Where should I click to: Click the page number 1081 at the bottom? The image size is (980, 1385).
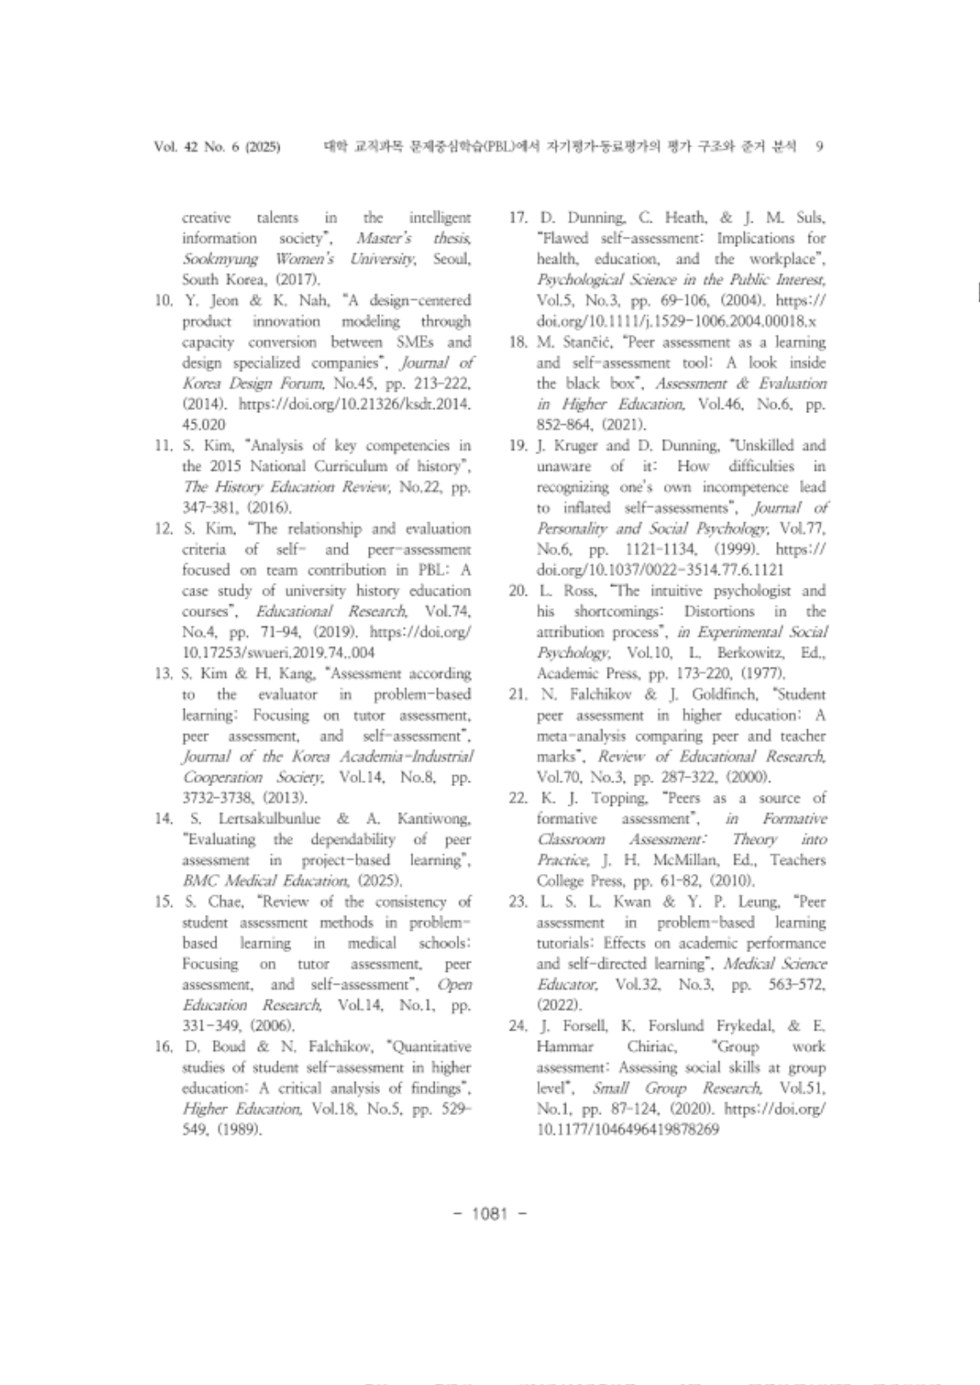click(488, 1214)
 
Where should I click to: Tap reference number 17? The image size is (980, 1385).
click(517, 218)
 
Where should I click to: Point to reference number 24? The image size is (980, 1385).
click(517, 1026)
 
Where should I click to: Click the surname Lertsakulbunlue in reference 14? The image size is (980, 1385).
click(268, 819)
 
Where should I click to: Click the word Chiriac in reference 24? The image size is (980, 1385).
click(652, 1047)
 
